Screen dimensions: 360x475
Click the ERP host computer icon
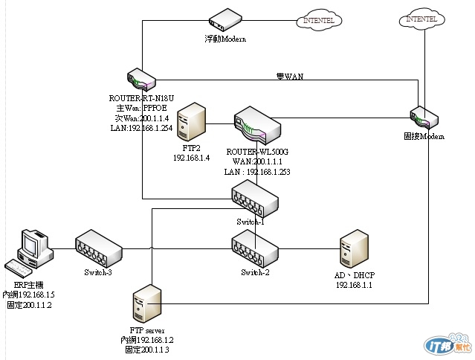tap(30, 251)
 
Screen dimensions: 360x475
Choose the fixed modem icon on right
tap(424, 118)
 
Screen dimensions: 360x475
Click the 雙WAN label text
tap(289, 76)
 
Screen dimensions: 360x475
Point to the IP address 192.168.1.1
tap(355, 285)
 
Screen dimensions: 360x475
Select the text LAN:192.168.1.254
tap(140, 126)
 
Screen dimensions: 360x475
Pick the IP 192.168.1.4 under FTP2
tap(192, 158)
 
